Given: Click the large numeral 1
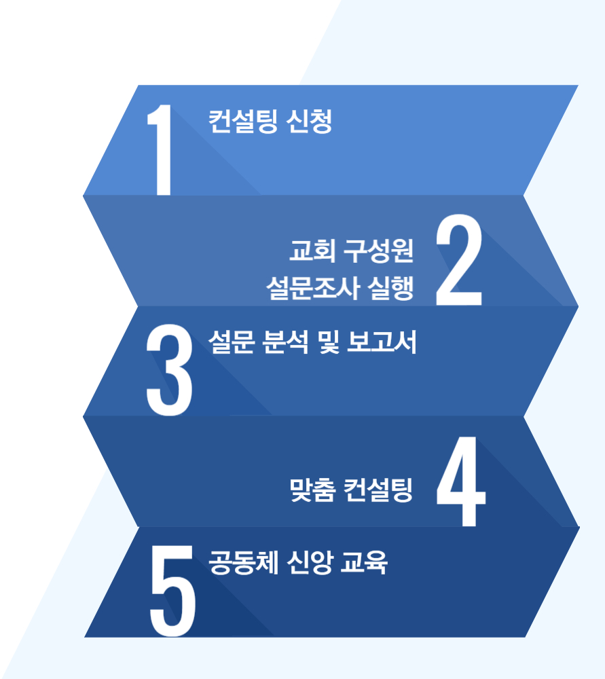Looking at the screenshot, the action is (162, 151).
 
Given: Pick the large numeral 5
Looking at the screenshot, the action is (172, 593).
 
